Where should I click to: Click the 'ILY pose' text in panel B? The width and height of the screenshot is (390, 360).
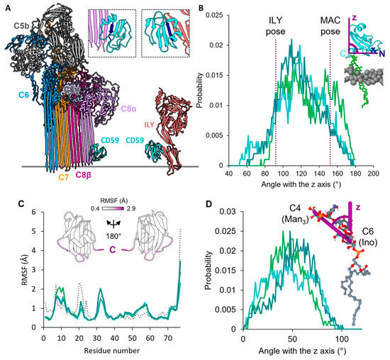[x=274, y=30]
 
